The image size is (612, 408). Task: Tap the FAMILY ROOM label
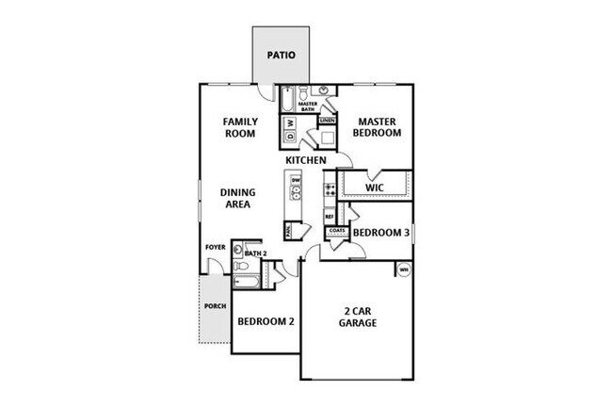point(240,128)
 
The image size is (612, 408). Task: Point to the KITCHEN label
point(306,161)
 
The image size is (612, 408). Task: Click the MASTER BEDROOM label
point(377,127)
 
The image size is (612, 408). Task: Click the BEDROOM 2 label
point(266,321)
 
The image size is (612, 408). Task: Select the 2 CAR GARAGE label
point(359,316)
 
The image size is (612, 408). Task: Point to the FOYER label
point(216,248)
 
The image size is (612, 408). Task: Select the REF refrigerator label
point(330,217)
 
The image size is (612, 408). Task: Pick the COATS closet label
point(338,231)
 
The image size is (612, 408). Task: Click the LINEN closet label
point(327,122)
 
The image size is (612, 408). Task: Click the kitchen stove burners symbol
point(330,192)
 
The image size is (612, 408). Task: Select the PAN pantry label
point(288,228)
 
